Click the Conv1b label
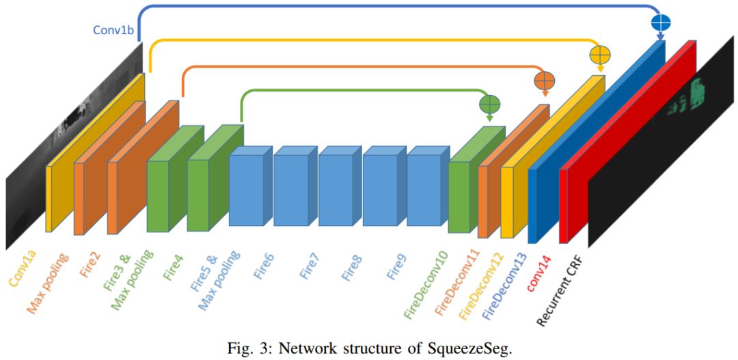pyautogui.click(x=114, y=31)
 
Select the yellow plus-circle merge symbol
pyautogui.click(x=599, y=55)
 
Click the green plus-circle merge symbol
pyautogui.click(x=490, y=104)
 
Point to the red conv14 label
pyautogui.click(x=539, y=271)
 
